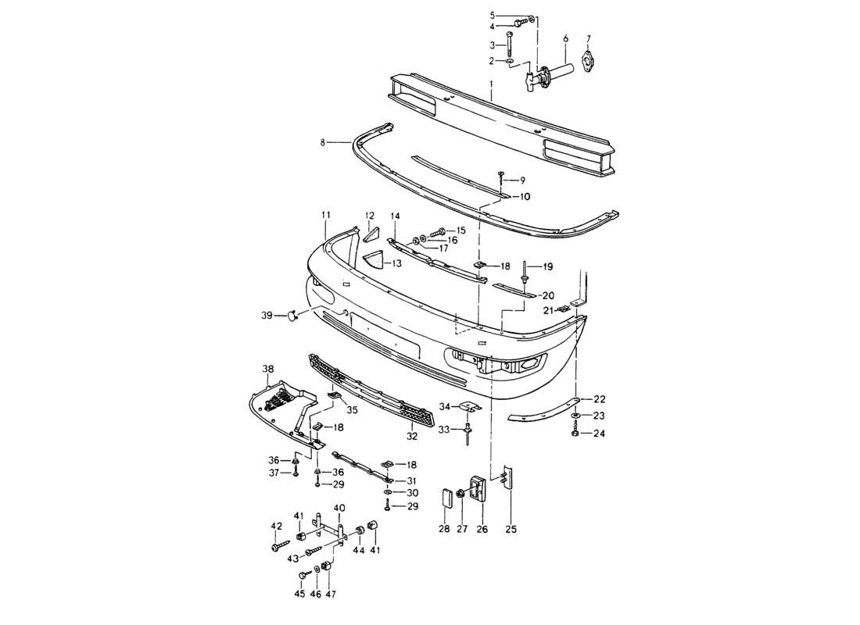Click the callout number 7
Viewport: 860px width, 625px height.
click(589, 38)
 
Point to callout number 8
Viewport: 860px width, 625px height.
click(322, 143)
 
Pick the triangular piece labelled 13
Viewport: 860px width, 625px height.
click(374, 260)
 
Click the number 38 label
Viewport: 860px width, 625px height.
click(267, 369)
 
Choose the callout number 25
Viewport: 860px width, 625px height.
click(511, 530)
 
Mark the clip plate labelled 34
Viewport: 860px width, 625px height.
click(470, 408)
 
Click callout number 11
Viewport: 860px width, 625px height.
click(325, 214)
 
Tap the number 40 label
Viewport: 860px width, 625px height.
click(339, 508)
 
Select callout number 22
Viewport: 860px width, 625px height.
click(599, 399)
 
